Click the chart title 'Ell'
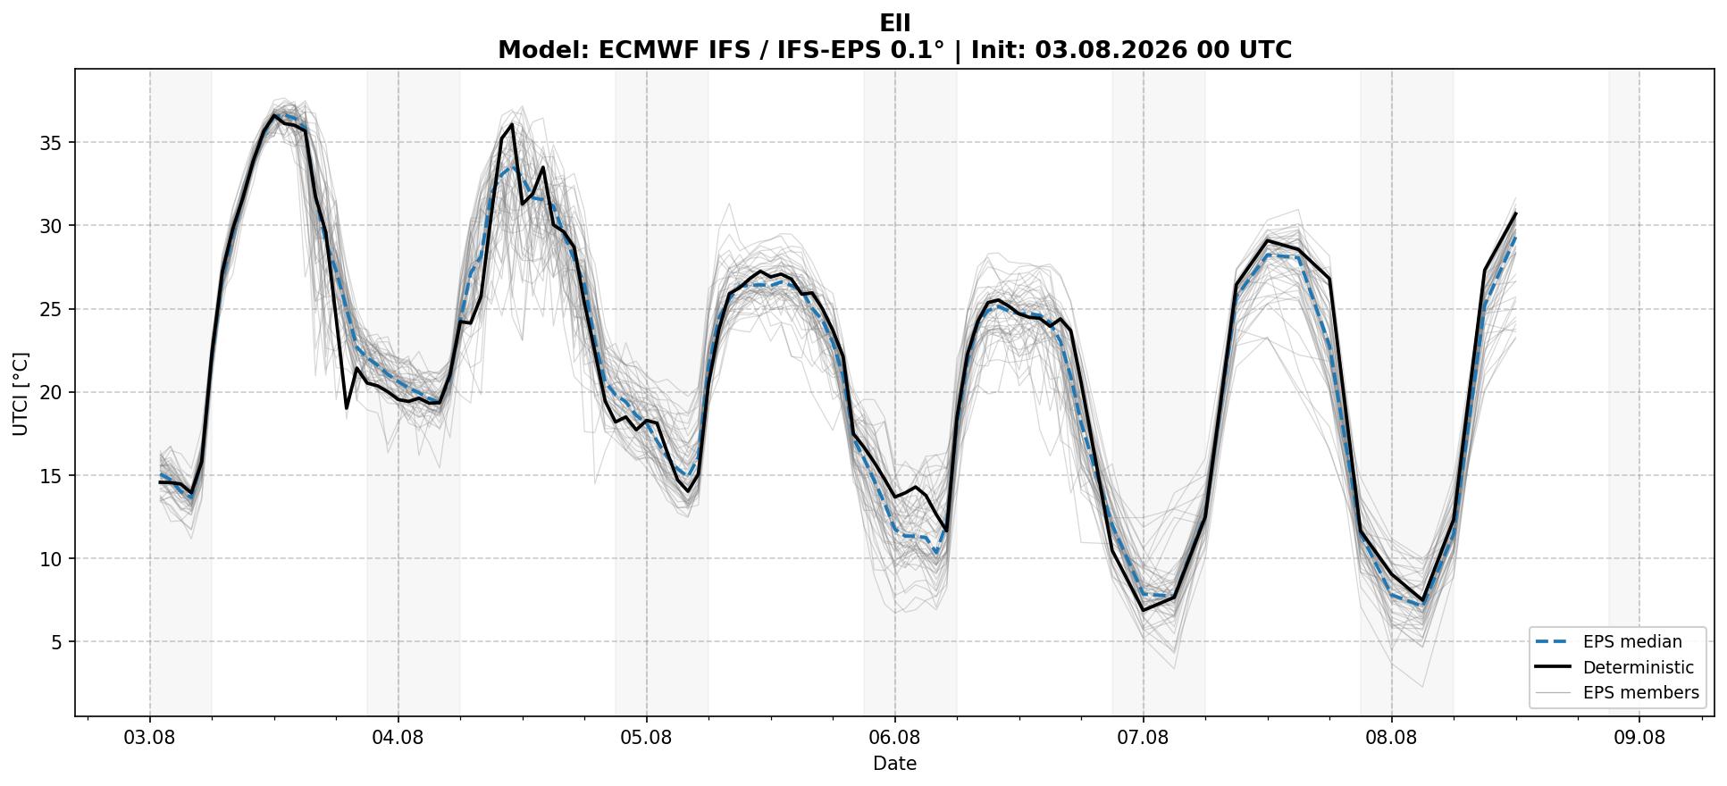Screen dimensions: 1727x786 tap(894, 23)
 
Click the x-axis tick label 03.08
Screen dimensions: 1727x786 tap(150, 738)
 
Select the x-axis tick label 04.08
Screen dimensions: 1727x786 tap(398, 738)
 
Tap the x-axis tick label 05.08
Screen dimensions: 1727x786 tap(647, 738)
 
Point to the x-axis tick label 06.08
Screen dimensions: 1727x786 tap(894, 738)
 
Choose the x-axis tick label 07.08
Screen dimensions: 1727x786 tap(1143, 738)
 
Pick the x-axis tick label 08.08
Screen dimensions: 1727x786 tap(1391, 738)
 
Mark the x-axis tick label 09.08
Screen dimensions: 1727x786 tap(1639, 738)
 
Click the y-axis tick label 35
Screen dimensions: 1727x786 tap(52, 143)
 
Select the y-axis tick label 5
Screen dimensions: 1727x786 tap(58, 642)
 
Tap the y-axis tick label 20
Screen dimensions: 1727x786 tap(52, 392)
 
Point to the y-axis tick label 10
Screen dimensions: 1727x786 tap(52, 559)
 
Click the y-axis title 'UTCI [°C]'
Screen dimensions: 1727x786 tap(21, 393)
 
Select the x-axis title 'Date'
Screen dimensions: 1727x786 tap(894, 764)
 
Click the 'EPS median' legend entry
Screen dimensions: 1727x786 tap(1609, 641)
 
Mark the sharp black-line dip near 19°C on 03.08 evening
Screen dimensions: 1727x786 tap(347, 408)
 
